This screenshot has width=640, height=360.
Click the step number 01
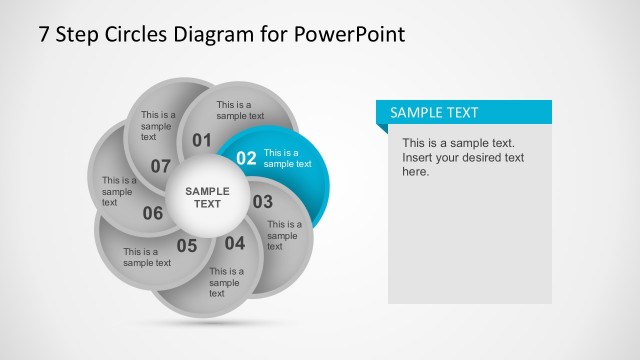point(202,139)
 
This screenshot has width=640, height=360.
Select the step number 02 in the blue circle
point(246,158)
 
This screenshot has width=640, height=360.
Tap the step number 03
point(262,202)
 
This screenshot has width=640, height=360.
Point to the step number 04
point(234,243)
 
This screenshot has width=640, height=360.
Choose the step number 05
point(187,245)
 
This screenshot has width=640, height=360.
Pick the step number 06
point(153,212)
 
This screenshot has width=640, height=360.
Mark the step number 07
point(161,165)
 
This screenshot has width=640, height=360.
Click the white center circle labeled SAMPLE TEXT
point(207,197)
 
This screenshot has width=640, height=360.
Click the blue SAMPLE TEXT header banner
point(464,113)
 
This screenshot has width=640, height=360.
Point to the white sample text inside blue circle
point(287,158)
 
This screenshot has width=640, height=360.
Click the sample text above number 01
point(240,110)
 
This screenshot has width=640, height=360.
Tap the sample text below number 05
point(147,257)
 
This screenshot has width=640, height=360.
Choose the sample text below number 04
point(226,281)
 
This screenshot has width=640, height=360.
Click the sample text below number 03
point(284,236)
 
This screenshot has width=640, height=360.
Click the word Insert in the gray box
point(419,158)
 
